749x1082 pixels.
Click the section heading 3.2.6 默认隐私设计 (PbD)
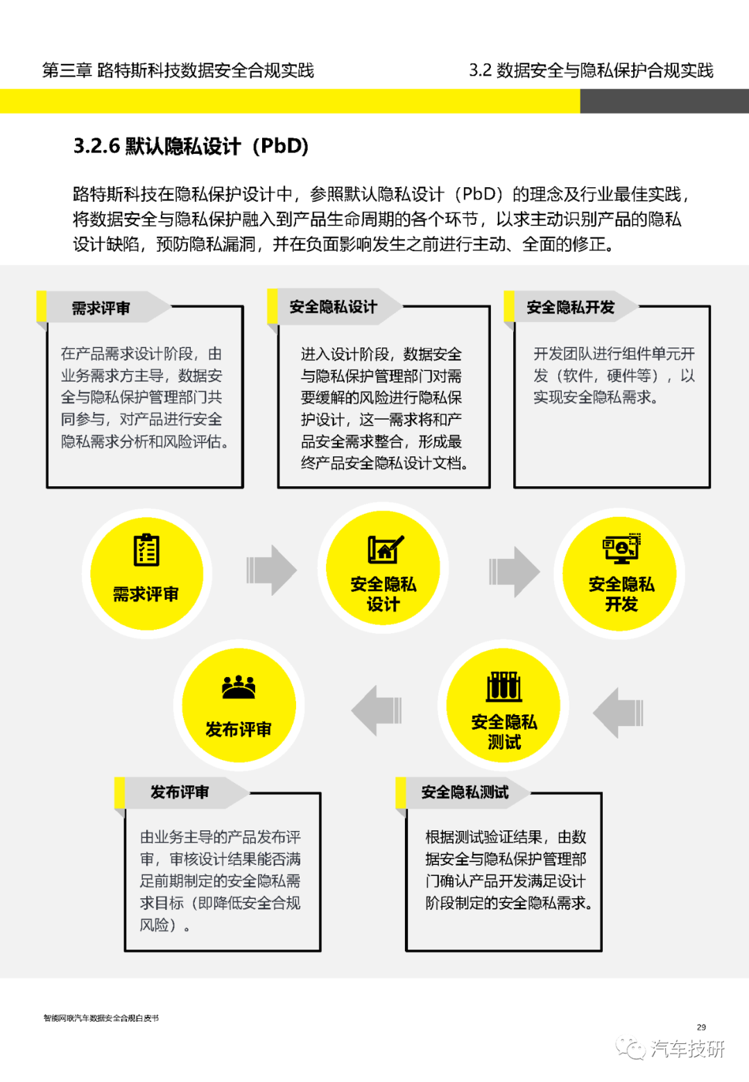pyautogui.click(x=191, y=146)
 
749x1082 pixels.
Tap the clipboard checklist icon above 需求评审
pyautogui.click(x=146, y=549)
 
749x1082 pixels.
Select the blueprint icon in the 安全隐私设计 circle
pyautogui.click(x=385, y=549)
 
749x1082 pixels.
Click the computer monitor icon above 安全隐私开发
pyautogui.click(x=621, y=548)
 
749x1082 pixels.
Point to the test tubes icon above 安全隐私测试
pyautogui.click(x=503, y=687)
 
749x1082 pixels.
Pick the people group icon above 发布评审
pyautogui.click(x=239, y=687)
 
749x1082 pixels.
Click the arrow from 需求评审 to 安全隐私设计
pyautogui.click(x=271, y=570)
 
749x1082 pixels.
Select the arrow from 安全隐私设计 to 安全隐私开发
pyautogui.click(x=515, y=572)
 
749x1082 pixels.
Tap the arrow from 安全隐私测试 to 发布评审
pyautogui.click(x=377, y=710)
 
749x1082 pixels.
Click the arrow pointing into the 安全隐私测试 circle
pyautogui.click(x=618, y=712)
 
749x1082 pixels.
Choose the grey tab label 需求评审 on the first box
pyautogui.click(x=101, y=308)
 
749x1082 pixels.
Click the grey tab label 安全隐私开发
pyautogui.click(x=570, y=307)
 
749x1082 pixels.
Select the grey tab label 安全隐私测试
pyautogui.click(x=465, y=792)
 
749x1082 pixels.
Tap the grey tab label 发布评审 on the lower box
pyautogui.click(x=180, y=792)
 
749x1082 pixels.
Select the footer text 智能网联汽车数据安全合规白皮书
pyautogui.click(x=101, y=1018)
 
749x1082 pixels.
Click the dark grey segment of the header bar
pyautogui.click(x=664, y=101)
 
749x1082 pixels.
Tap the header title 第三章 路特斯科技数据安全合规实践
pyautogui.click(x=178, y=71)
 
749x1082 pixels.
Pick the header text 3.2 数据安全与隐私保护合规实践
pyautogui.click(x=591, y=71)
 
